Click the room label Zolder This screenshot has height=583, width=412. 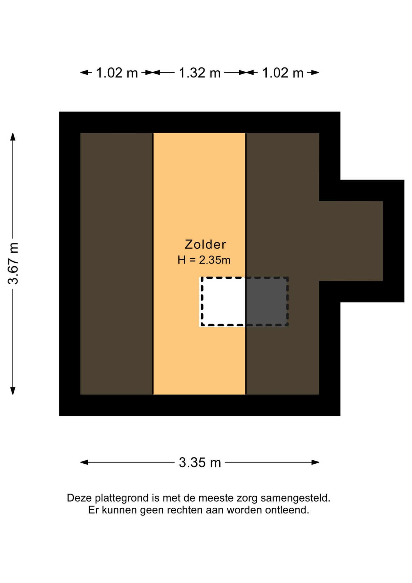[205, 244]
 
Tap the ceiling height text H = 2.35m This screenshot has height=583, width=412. [204, 260]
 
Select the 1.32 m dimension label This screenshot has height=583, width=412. [200, 73]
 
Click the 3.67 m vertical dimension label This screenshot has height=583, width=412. [13, 263]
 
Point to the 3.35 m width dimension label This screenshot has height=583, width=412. [200, 462]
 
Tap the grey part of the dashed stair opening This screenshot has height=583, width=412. [266, 302]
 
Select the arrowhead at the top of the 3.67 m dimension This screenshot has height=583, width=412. [13, 137]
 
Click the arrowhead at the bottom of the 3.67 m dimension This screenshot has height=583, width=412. [13, 391]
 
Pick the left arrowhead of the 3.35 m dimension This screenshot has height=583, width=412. [84, 462]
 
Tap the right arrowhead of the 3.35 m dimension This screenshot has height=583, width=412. [315, 462]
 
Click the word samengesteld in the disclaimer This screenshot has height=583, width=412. [295, 498]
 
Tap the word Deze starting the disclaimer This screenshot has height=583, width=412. [79, 498]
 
